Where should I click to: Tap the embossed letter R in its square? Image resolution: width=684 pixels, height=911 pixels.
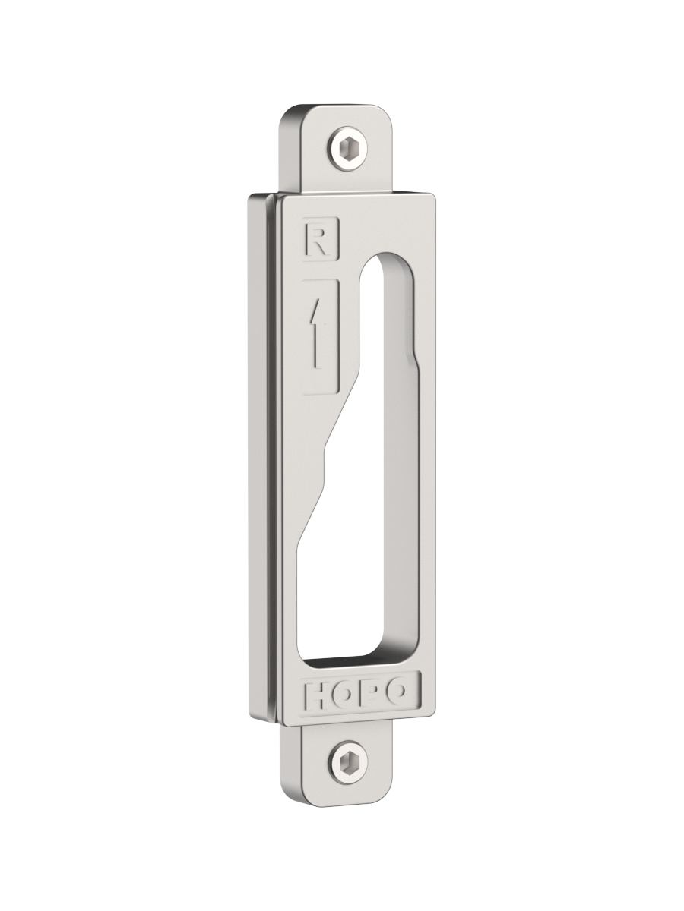point(321,239)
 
